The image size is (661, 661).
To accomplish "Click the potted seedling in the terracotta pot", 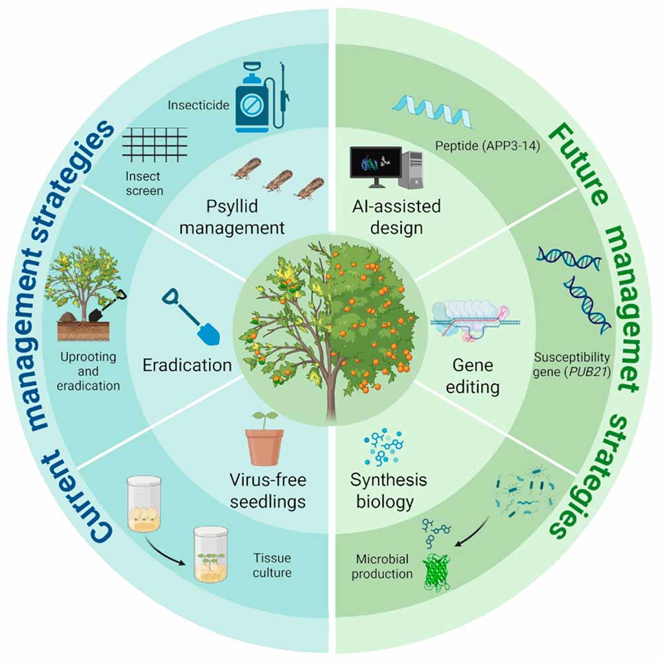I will click(264, 439).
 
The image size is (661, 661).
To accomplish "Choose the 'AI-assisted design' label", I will click(397, 217).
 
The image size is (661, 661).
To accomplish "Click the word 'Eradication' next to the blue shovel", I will click(187, 365).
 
